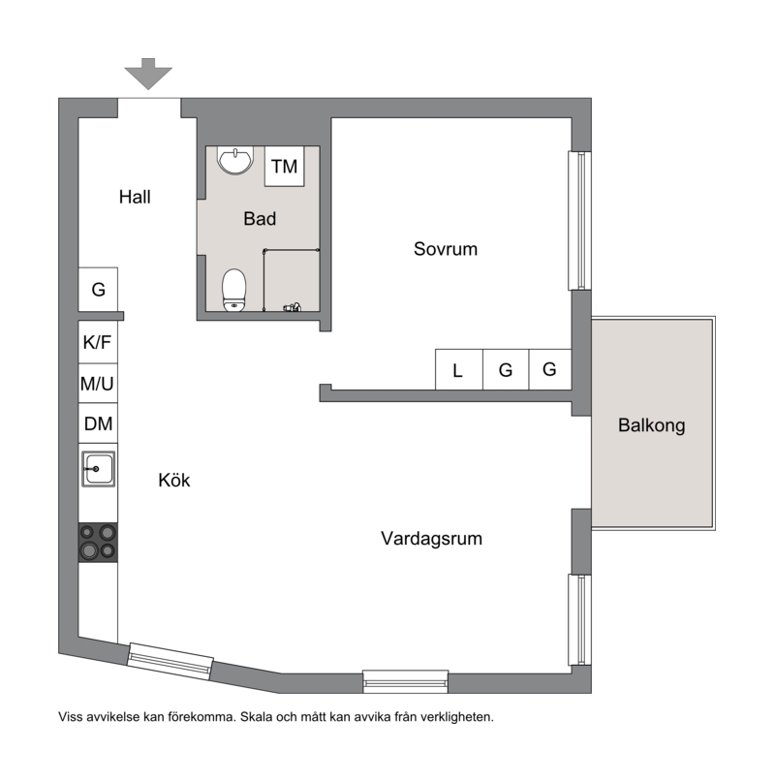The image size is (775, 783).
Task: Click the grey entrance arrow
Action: (148, 74)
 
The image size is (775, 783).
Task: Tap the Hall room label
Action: (135, 197)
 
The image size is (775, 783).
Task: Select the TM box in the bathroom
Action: (284, 167)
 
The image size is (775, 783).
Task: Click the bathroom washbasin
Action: (234, 160)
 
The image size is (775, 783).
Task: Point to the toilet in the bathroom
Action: (233, 290)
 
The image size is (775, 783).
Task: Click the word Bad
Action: (260, 219)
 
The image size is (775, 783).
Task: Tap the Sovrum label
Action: (446, 249)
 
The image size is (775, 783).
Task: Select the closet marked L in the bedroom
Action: (459, 369)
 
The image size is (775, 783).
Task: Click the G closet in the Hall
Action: (99, 290)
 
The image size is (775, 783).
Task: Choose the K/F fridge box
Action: (98, 342)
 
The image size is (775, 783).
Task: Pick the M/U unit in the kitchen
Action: (98, 384)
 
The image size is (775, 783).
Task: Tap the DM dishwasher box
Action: (98, 423)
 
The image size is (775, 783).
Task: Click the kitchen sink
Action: (99, 469)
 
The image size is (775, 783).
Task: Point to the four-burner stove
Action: (98, 543)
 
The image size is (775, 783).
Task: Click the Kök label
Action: (174, 480)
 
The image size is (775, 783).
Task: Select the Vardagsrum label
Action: (431, 539)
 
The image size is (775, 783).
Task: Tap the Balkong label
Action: (652, 425)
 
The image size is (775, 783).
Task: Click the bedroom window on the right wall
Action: (579, 221)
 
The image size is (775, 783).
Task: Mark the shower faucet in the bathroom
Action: (293, 307)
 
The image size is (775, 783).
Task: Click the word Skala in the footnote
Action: (256, 717)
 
